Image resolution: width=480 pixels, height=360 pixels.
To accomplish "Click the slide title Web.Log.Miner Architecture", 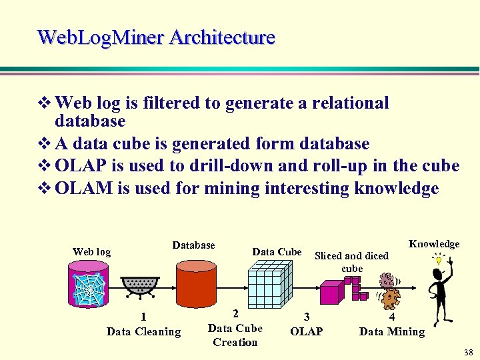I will pos(156,37).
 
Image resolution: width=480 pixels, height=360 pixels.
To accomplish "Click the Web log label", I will pos(91,251).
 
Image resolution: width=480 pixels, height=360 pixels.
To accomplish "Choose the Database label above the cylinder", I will pos(193,245).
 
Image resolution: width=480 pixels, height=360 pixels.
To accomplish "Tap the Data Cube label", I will pos(277,251).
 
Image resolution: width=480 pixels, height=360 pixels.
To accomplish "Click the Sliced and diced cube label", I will pos(351,261).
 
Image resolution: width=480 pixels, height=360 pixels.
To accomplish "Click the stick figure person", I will pos(440,293).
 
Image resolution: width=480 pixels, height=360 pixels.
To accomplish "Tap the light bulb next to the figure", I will pos(438,260).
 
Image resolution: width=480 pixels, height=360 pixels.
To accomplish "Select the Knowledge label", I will pos(434,243).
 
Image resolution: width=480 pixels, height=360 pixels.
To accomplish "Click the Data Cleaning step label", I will pos(143,331).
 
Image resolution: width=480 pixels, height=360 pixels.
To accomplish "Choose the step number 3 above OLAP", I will pos(306,317).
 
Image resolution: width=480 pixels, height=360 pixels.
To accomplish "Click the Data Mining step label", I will pos(391,331).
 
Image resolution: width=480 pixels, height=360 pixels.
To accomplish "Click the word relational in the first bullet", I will pos(347,103).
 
